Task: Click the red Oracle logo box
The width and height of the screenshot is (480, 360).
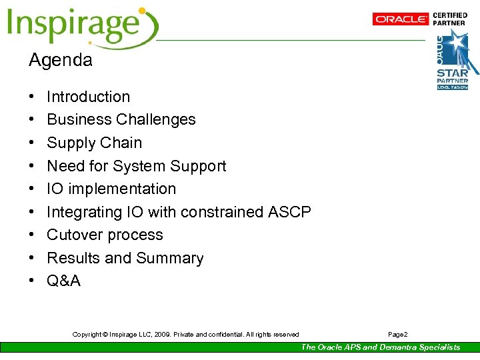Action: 400,19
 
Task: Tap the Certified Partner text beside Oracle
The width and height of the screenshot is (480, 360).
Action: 450,19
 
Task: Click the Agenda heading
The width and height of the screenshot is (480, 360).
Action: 60,60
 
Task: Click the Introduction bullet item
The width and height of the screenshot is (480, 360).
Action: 88,97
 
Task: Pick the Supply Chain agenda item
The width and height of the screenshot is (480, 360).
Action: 94,143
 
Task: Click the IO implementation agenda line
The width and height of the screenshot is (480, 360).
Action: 111,189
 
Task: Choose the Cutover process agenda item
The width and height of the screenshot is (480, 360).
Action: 105,235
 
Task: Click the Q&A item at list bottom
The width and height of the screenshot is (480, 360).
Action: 63,281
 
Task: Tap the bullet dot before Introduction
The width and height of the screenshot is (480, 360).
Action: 32,97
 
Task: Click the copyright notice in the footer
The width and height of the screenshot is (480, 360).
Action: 185,335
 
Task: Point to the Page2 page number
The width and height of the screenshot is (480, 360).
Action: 397,335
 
